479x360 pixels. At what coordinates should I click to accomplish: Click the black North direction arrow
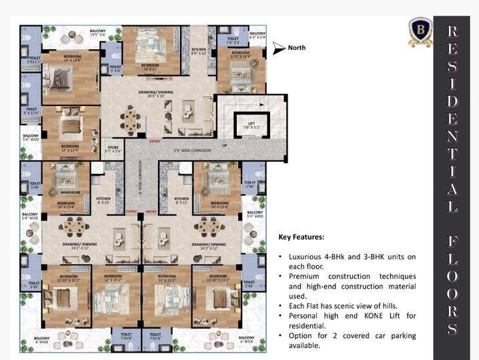(x=278, y=48)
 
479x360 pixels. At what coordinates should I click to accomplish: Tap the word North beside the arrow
(x=297, y=48)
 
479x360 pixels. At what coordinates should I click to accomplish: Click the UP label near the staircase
(x=224, y=145)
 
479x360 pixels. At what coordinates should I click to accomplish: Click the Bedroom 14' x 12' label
(x=149, y=67)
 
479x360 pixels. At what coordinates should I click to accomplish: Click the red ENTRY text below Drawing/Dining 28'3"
(x=155, y=141)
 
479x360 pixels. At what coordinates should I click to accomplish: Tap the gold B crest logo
(x=420, y=32)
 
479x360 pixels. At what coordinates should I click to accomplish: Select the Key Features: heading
(x=302, y=237)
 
